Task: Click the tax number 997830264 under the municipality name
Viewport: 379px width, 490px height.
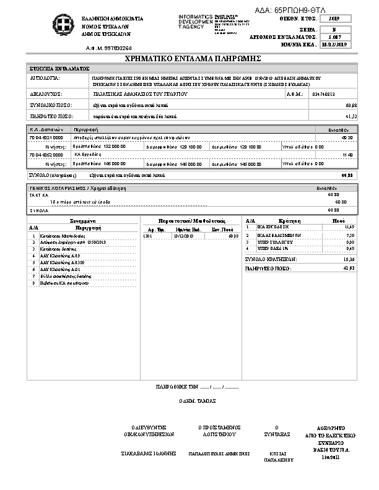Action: pyautogui.click(x=116, y=48)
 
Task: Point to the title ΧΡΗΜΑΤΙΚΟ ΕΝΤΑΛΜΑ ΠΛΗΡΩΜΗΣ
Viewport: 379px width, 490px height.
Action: pyautogui.click(x=192, y=58)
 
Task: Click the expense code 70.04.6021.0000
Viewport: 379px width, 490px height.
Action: pyautogui.click(x=46, y=137)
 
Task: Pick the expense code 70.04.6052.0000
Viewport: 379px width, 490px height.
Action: pyautogui.click(x=46, y=154)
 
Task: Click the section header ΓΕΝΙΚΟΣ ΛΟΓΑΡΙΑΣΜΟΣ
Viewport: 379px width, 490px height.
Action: pyautogui.click(x=56, y=187)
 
